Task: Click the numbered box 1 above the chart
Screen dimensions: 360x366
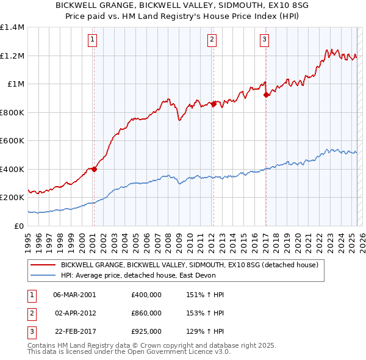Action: [93, 40]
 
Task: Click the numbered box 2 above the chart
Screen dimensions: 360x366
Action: [212, 40]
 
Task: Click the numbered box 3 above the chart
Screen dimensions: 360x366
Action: [264, 40]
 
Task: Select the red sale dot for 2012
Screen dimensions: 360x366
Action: [213, 104]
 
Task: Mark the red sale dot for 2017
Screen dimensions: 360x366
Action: [266, 95]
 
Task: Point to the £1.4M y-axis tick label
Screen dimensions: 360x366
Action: [12, 27]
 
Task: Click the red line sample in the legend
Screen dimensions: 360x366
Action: [43, 265]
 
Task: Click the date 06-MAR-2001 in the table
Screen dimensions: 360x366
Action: [74, 295]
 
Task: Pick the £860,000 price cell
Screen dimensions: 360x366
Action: [146, 313]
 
